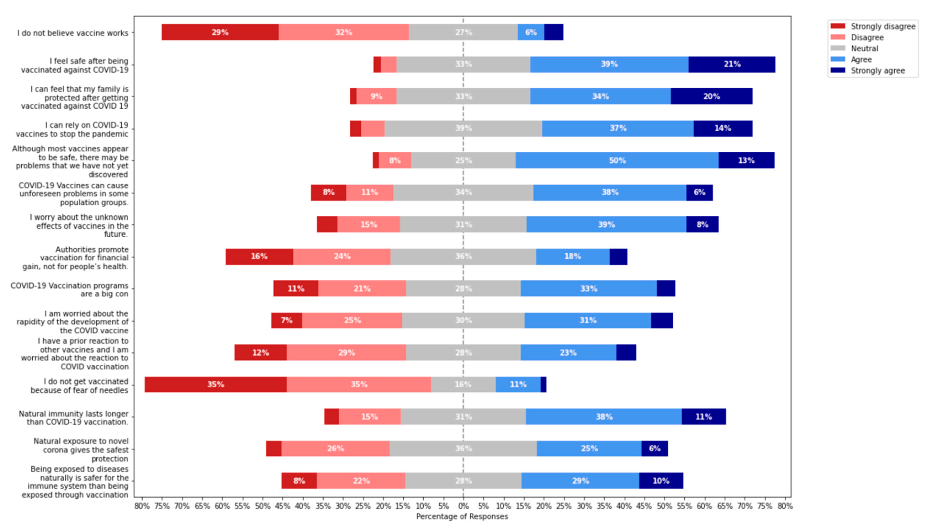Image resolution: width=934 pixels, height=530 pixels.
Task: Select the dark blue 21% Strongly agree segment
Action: (732, 64)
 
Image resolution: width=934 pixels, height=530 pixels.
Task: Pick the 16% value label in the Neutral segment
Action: (463, 384)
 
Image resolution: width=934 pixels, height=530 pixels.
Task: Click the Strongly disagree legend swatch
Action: (838, 26)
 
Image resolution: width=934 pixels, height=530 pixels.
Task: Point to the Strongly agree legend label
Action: (878, 71)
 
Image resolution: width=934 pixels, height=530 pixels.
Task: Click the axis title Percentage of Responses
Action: (462, 516)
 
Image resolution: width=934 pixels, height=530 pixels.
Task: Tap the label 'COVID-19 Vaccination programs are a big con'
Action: (69, 290)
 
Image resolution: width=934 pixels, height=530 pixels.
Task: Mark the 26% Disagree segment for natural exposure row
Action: (335, 448)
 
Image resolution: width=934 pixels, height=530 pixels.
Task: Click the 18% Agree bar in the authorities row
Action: (573, 256)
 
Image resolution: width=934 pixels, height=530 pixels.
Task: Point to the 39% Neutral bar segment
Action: (463, 128)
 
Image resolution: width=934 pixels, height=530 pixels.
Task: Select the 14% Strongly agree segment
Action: (722, 128)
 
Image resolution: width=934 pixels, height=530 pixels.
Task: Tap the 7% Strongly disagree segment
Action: (286, 320)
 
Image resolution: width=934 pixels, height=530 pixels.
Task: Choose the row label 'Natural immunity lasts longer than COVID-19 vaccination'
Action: (73, 418)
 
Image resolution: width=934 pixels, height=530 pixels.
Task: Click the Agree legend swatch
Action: (838, 59)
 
